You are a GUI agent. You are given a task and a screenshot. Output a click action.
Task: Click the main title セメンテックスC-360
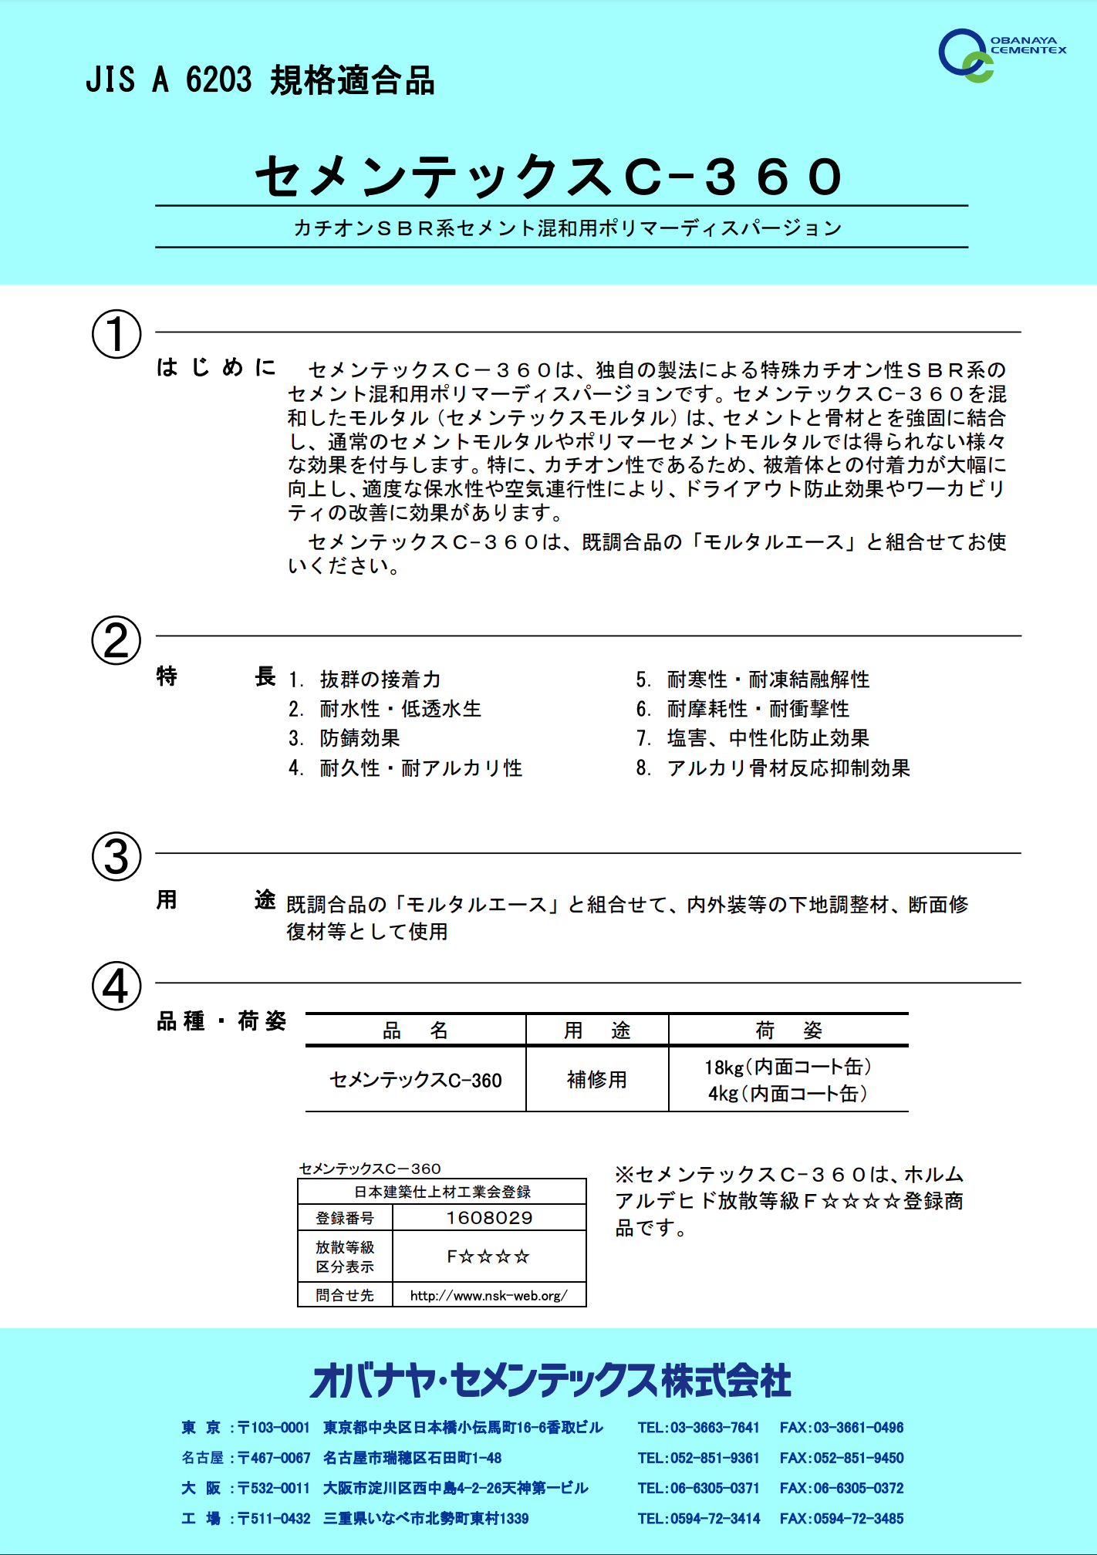point(548,177)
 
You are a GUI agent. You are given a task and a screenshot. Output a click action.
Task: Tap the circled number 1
point(116,334)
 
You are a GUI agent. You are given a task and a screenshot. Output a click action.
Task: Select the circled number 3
point(116,856)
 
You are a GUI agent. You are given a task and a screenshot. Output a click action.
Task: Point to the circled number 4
point(116,986)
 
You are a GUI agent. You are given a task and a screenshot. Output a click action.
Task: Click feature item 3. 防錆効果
point(345,738)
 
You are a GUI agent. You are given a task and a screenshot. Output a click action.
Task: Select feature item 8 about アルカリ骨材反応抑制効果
point(773,768)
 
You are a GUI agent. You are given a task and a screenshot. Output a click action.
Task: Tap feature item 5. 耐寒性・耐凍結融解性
point(753,680)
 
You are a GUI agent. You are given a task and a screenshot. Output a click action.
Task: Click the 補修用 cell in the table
point(596,1079)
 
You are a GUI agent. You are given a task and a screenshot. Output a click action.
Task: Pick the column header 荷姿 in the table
point(788,1030)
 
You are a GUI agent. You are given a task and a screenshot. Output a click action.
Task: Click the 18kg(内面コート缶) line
point(788,1067)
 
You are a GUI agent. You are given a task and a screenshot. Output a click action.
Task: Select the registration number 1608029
point(489,1218)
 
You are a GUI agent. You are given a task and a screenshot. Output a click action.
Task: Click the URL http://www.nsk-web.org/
point(489,1295)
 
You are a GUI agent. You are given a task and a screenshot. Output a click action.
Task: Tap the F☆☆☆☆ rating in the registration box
point(489,1256)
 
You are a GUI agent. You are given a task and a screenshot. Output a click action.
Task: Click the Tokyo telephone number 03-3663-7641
point(698,1428)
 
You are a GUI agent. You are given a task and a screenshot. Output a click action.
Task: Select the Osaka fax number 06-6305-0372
point(842,1488)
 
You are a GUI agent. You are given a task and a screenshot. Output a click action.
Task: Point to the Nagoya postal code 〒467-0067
point(274,1458)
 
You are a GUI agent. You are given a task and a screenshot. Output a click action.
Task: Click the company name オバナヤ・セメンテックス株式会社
point(550,1381)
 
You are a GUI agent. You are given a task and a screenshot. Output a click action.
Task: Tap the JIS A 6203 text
point(168,80)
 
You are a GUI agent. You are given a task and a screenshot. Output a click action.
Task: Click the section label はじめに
point(216,367)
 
